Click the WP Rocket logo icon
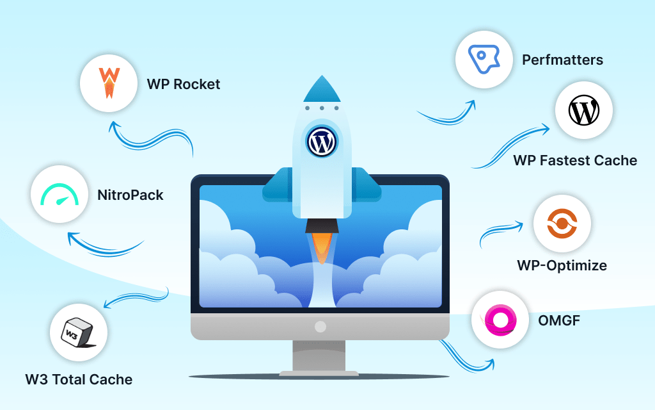coord(109,83)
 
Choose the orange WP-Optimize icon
coord(562,224)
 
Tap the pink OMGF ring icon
coord(500,319)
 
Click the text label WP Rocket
coord(184,84)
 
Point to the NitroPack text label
coord(130,194)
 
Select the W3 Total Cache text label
coord(79,379)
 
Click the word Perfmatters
coord(562,60)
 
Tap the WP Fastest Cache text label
coord(575,160)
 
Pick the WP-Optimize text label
coord(562,265)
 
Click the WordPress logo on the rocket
coord(321,142)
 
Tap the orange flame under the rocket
coord(322,247)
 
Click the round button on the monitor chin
coord(320,327)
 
